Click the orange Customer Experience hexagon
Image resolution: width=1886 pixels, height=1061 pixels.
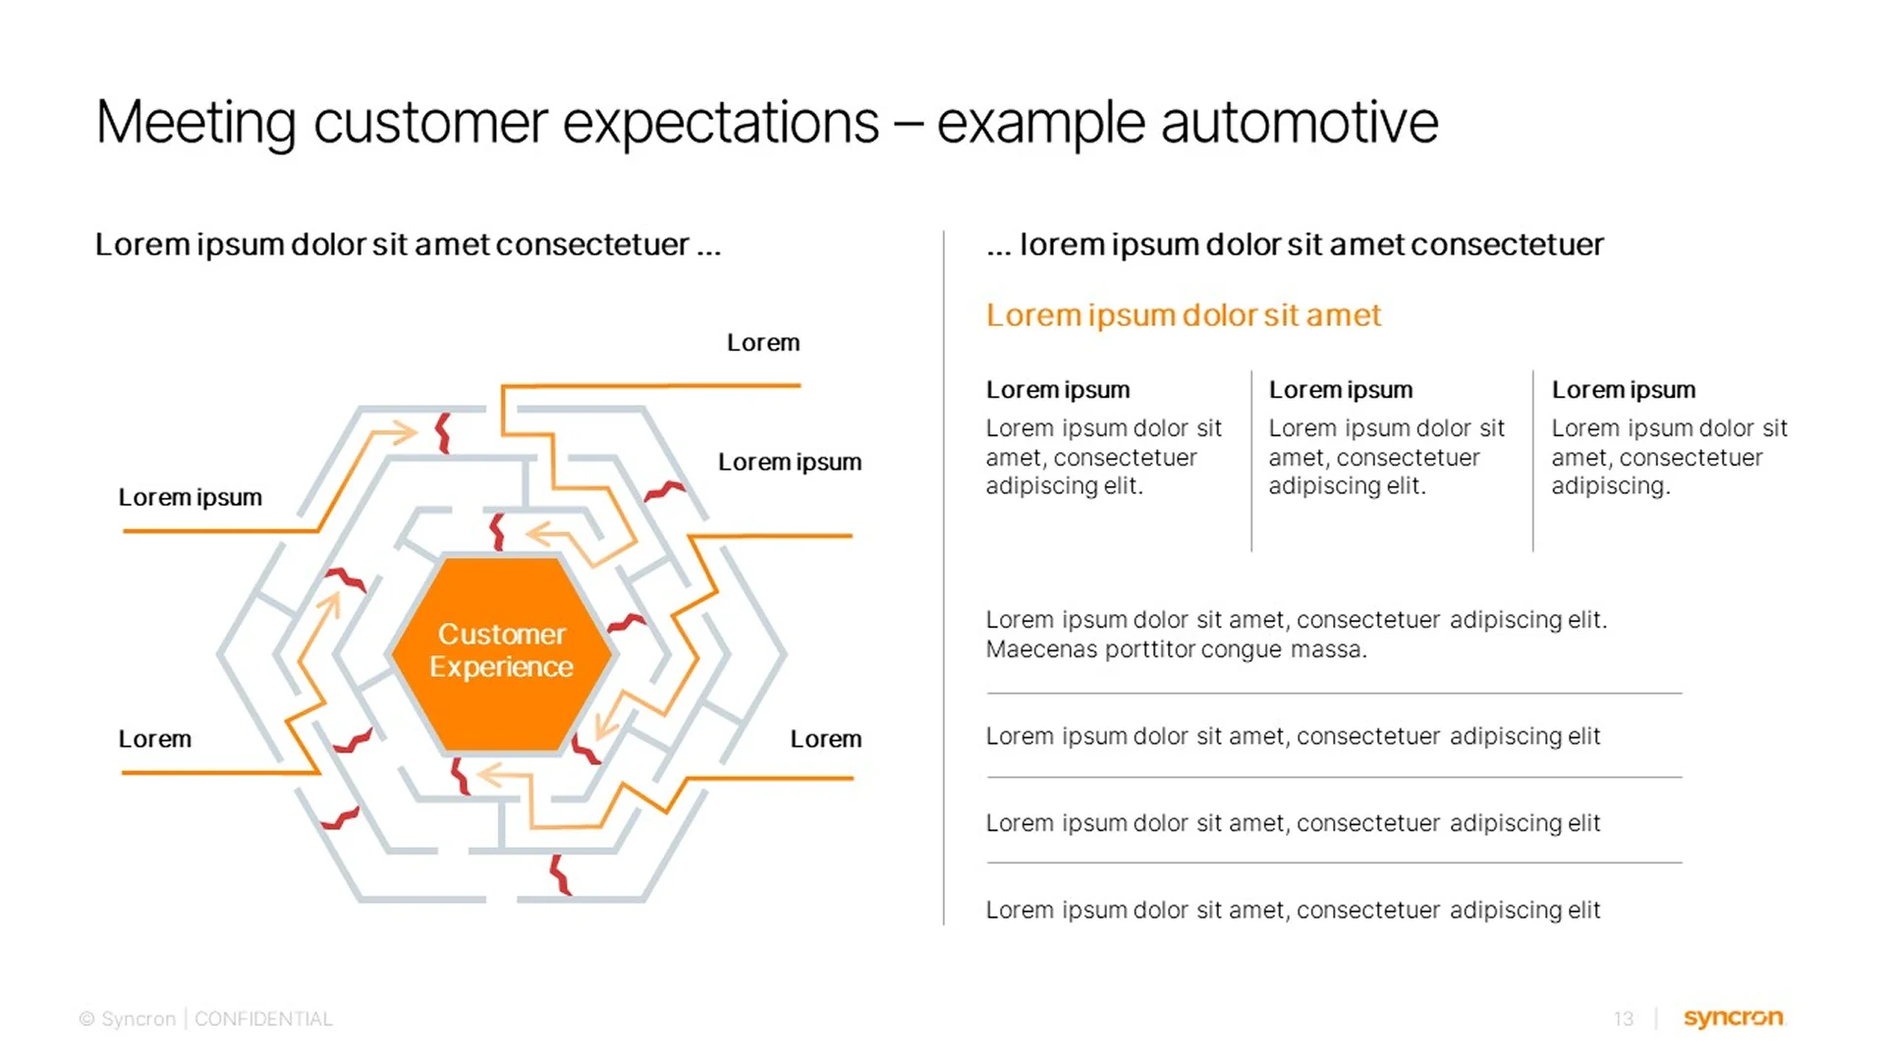tap(501, 652)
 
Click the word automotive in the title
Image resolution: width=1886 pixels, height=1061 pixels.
tap(1299, 124)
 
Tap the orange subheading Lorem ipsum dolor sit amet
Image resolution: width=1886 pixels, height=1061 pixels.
tap(1183, 315)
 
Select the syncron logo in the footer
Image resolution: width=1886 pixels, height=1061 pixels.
tap(1733, 1018)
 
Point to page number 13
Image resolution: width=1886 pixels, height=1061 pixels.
tap(1623, 1020)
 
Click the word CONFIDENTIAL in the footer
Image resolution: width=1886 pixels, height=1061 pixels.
tap(263, 1020)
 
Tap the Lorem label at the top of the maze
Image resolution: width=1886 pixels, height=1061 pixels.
tap(763, 343)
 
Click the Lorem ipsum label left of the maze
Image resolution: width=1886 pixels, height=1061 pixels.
tap(190, 497)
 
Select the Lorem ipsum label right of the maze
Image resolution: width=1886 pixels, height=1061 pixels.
tap(789, 462)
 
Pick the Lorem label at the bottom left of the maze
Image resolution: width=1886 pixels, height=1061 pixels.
tap(154, 739)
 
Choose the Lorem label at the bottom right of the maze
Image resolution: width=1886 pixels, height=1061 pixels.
tap(825, 739)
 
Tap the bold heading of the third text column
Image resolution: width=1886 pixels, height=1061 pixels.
tap(1623, 390)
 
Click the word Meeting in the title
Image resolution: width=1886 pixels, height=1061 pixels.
tap(195, 124)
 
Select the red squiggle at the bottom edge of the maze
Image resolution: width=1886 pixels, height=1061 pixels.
tap(560, 874)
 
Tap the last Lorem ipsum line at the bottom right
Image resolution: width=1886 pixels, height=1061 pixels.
tap(1293, 910)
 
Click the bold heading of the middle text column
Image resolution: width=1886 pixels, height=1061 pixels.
tap(1340, 390)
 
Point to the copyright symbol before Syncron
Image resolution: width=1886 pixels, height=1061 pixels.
tap(86, 1020)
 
